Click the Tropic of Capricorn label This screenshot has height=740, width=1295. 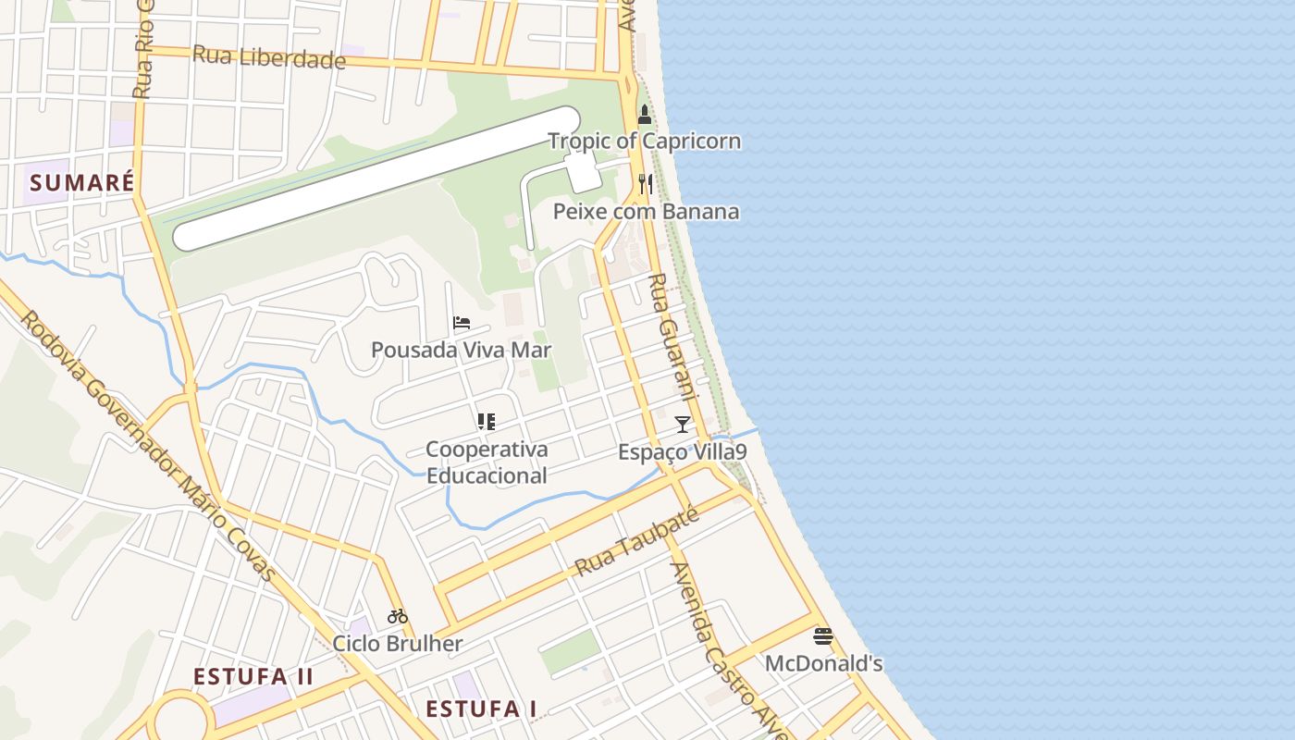[x=644, y=142]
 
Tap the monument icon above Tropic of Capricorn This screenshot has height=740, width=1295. [x=645, y=116]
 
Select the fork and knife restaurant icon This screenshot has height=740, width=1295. [x=646, y=184]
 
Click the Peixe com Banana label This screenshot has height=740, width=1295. [x=646, y=212]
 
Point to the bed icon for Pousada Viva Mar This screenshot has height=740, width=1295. [x=462, y=323]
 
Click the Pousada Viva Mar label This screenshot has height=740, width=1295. [x=461, y=350]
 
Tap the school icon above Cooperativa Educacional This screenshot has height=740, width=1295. [x=486, y=422]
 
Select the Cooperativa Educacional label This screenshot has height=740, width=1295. [x=487, y=462]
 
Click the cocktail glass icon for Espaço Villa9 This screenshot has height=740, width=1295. [x=683, y=425]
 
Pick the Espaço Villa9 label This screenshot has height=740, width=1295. [x=683, y=451]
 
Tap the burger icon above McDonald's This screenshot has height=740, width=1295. [x=823, y=636]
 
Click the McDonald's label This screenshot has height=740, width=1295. [x=823, y=663]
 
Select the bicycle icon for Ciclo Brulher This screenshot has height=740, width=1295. [x=398, y=616]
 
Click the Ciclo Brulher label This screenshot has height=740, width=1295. [x=398, y=643]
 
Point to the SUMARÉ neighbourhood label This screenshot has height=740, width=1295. [x=82, y=182]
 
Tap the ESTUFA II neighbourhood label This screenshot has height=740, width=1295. [x=253, y=676]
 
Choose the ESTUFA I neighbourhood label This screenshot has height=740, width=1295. [x=481, y=709]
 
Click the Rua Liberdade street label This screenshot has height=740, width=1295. [x=268, y=57]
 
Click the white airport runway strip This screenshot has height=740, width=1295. [x=376, y=179]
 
